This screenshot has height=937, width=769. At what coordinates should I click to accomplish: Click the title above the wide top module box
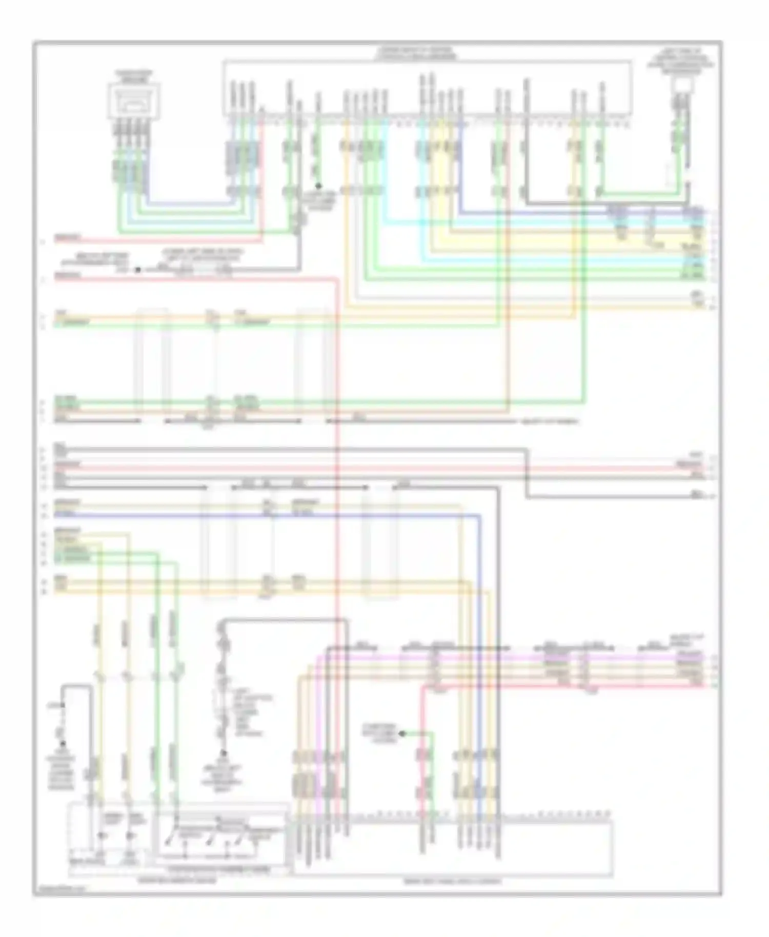click(x=415, y=53)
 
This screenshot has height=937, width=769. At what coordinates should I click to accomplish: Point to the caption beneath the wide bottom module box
click(x=452, y=882)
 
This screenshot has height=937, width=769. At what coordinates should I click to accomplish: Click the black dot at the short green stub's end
click(x=402, y=734)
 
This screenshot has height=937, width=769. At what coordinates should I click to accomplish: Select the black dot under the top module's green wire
click(x=318, y=186)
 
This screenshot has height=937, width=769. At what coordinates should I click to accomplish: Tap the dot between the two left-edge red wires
click(x=137, y=269)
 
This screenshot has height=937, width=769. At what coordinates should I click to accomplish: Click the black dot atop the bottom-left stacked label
click(x=63, y=744)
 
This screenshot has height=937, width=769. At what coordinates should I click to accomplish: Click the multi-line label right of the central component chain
click(x=246, y=712)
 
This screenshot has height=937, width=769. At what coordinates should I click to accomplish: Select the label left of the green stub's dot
click(x=378, y=733)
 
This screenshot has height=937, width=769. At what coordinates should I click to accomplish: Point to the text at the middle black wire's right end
click(x=550, y=421)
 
